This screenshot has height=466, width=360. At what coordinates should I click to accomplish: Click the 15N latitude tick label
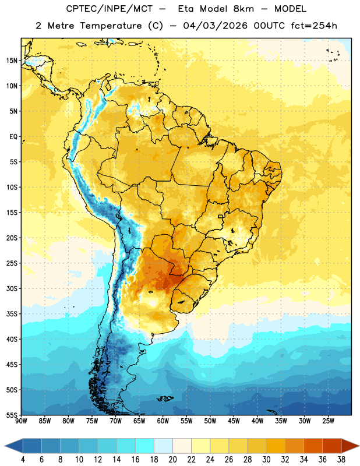coord(12,61)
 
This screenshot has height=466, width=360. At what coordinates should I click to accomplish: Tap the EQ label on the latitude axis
coord(13,137)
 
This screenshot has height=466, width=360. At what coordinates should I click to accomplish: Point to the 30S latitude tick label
coord(12,288)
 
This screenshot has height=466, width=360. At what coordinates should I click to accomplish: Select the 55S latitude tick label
coord(12,415)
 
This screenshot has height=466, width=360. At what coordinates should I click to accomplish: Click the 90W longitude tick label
coord(21,421)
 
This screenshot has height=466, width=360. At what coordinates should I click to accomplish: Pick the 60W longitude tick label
coord(163,421)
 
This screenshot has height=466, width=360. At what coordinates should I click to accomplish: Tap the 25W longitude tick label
coord(328,421)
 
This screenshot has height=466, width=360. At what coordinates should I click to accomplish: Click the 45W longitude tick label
coord(234,421)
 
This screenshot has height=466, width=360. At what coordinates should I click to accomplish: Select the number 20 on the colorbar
coord(172,460)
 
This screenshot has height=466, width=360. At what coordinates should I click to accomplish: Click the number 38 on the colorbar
coord(341,460)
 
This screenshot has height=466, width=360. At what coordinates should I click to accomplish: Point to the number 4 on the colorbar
coord(23,460)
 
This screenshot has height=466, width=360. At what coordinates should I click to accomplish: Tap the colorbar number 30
coord(266,460)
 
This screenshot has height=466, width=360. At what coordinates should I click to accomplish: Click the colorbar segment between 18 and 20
coord(164,446)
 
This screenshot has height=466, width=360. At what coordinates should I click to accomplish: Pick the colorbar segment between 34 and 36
coord(313,446)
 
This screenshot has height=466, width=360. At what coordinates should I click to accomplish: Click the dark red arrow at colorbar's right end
coord(350,446)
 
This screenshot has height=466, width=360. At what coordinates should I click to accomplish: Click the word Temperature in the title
coord(111,26)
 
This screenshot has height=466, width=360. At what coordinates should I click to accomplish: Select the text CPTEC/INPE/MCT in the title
coord(109,9)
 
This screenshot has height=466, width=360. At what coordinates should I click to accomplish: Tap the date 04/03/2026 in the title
coord(215,26)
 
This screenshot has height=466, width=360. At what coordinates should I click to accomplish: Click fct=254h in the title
coord(314,26)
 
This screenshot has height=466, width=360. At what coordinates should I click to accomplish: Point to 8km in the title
coord(243,9)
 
